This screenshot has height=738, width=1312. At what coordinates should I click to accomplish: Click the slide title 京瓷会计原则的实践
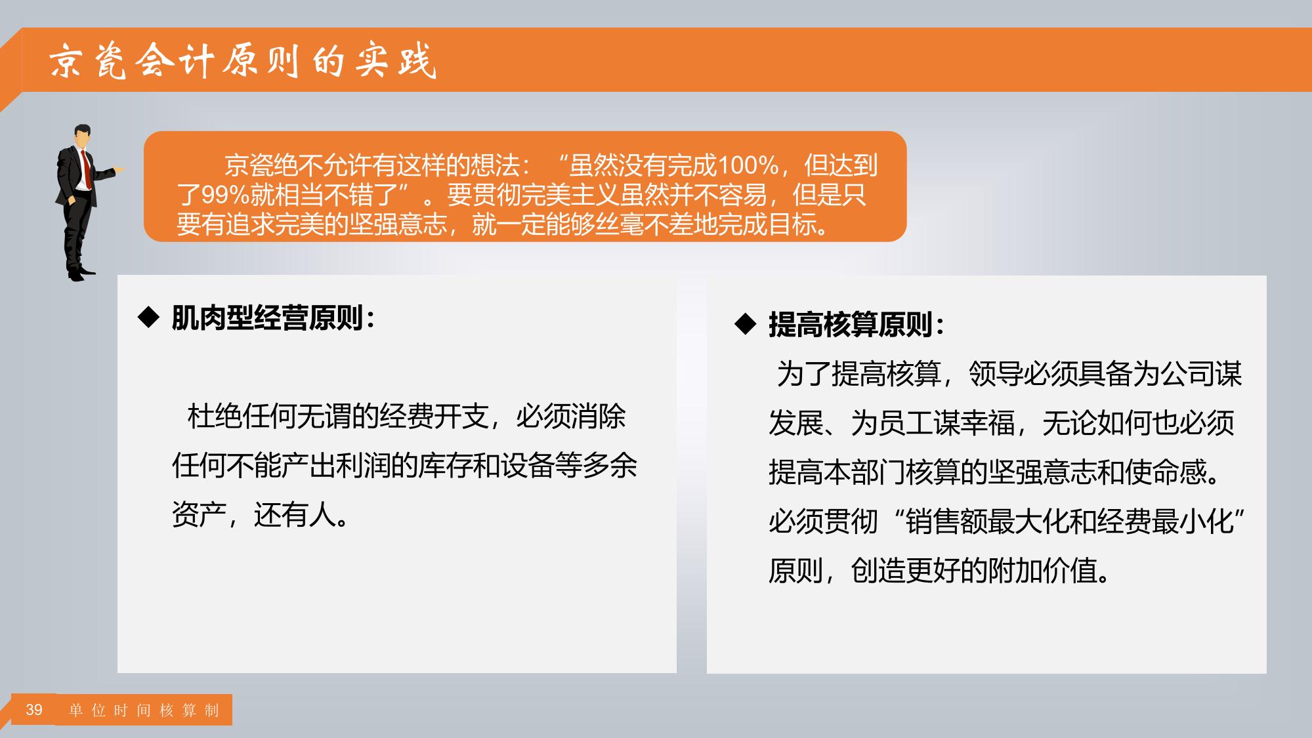tap(243, 62)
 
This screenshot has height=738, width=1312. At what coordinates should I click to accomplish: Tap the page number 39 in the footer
tap(34, 710)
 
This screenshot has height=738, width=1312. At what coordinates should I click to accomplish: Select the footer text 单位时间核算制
tap(144, 710)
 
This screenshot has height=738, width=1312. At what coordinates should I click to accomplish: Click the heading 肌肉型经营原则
tap(267, 318)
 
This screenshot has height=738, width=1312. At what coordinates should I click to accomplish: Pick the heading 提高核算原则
tap(851, 324)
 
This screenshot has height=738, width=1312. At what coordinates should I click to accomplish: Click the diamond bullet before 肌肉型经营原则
tap(148, 318)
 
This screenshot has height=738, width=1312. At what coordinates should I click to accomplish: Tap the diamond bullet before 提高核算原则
tap(746, 324)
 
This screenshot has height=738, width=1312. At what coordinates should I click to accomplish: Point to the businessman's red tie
tap(85, 169)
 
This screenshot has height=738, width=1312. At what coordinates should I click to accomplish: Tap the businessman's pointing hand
tap(119, 170)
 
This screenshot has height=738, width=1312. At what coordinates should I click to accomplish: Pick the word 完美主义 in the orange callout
tap(571, 195)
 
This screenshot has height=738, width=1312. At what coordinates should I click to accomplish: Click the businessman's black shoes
tap(81, 273)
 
